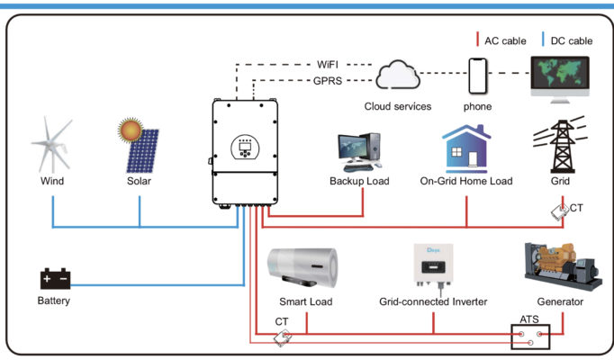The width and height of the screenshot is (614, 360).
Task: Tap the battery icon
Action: click(x=53, y=279)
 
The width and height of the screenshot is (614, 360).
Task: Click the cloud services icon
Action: click(x=397, y=76)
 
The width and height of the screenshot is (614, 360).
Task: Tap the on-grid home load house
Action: click(x=465, y=148)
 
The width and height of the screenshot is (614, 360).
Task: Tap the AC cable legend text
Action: click(x=504, y=40)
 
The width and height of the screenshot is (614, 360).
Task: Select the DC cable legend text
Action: click(x=569, y=40)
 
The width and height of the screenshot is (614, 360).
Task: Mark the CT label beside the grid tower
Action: click(x=576, y=209)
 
